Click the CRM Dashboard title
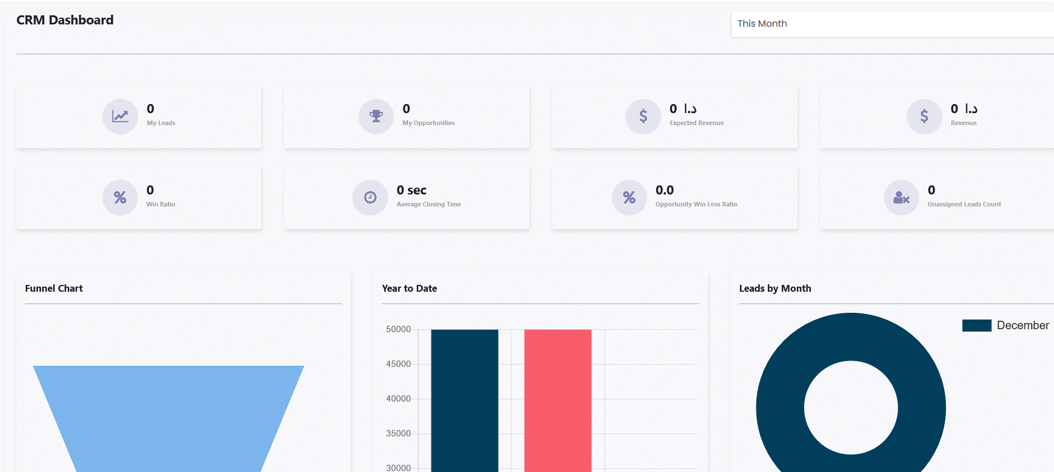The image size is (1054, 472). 65,20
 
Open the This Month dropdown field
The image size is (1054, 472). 891,24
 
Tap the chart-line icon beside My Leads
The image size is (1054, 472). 120,117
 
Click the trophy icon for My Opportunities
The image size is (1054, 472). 376,117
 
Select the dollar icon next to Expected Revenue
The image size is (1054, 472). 643,117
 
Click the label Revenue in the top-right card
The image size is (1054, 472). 963,123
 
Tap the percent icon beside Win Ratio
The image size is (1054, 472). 120,197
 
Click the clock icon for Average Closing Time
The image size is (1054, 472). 370,197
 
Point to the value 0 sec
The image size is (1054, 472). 411,191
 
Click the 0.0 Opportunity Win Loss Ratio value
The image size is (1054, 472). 664,191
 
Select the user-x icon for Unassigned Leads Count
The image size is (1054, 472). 901,197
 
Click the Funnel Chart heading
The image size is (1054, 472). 54,288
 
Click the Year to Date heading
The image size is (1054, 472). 409,288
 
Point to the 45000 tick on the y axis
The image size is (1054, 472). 398,364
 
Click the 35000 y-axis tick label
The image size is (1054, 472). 398,433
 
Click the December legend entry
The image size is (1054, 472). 1006,325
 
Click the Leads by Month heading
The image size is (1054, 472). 775,288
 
